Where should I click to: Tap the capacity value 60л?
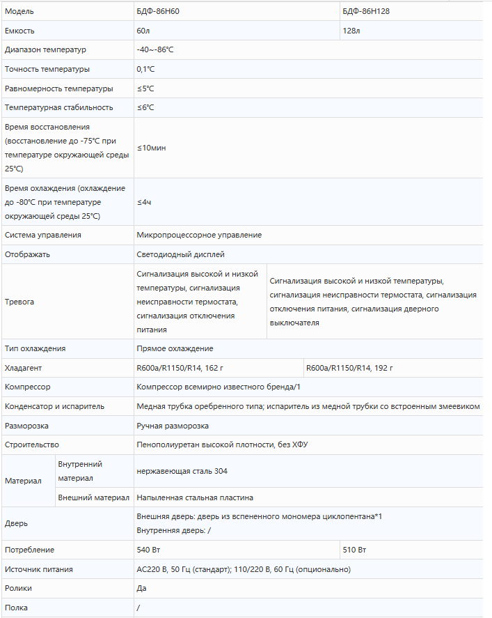[x=143, y=31]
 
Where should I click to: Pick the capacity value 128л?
[x=351, y=31]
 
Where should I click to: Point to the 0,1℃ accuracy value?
[x=147, y=70]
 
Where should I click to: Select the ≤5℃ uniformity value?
[x=145, y=88]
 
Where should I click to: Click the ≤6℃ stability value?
[x=145, y=107]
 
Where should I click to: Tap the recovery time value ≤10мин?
[x=151, y=148]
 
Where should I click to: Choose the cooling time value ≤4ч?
[x=144, y=202]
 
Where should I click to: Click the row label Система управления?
[x=42, y=235]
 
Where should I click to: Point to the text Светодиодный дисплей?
[x=181, y=254]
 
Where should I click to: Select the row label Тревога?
[x=19, y=302]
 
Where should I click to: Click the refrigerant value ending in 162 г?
[x=180, y=367]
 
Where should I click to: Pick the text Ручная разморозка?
[x=173, y=425]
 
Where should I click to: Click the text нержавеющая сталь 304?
[x=182, y=471]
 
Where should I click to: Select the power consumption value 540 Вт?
[x=149, y=550]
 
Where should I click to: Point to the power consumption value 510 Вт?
[x=355, y=550]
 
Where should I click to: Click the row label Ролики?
[x=18, y=588]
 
